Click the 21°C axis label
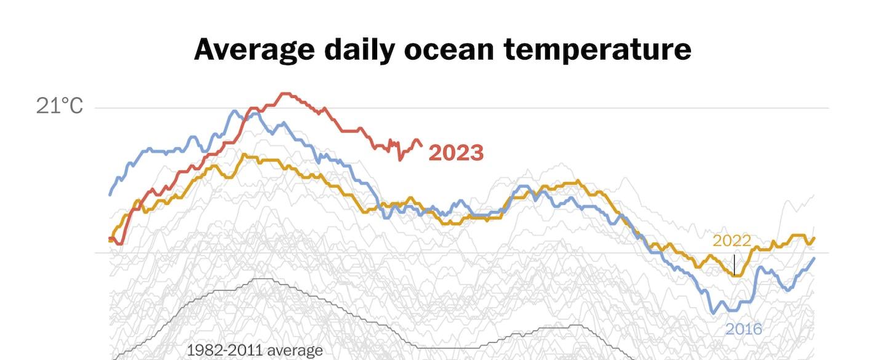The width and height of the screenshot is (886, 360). point(59,106)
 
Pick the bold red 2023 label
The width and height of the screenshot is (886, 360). point(456,153)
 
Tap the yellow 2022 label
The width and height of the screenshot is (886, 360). point(732,241)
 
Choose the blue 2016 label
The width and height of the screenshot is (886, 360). point(744,329)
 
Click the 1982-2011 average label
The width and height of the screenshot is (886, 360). point(255,351)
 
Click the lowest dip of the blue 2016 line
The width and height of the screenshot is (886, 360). point(714,313)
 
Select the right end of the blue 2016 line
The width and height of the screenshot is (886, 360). point(815,258)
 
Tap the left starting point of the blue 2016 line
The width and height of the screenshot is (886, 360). point(110,194)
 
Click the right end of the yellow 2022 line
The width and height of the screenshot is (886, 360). point(815,238)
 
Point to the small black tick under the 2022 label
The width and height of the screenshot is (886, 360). point(734,265)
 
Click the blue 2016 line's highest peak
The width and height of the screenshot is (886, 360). point(234,111)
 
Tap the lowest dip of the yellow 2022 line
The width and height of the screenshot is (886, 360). point(736,276)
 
